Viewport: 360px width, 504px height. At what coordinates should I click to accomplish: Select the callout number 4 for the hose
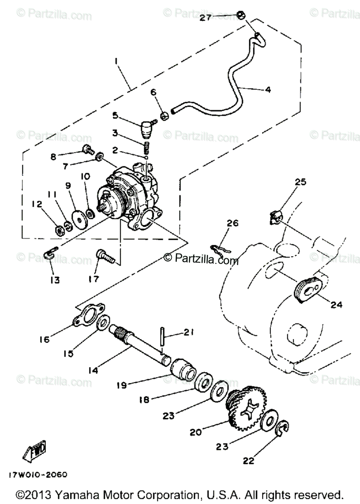pyautogui.click(x=268, y=89)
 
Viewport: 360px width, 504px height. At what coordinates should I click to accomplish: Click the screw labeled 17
pyautogui.click(x=104, y=256)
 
